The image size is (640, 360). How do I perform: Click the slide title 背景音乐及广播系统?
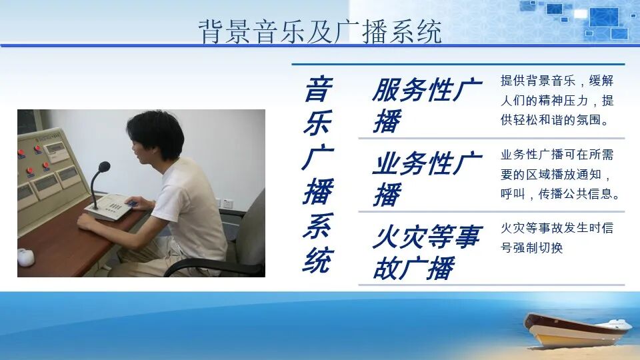pyautogui.click(x=320, y=31)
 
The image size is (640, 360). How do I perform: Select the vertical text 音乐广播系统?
pyautogui.click(x=318, y=175)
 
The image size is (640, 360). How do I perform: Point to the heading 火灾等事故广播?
pyautogui.click(x=426, y=251)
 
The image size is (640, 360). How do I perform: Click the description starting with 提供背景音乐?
pyautogui.click(x=557, y=101)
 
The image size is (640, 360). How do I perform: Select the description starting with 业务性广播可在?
pyautogui.click(x=560, y=175)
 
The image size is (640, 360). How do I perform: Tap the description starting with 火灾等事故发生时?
pyautogui.click(x=557, y=238)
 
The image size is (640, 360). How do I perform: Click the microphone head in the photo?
pyautogui.click(x=104, y=167)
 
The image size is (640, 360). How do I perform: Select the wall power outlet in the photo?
pyautogui.click(x=227, y=203)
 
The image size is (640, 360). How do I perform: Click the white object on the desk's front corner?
pyautogui.click(x=26, y=257)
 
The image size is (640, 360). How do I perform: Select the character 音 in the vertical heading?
pyautogui.click(x=318, y=89)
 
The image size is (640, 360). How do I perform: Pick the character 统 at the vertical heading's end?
pyautogui.click(x=318, y=261)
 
